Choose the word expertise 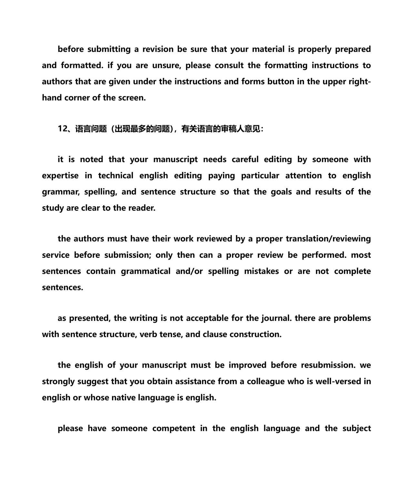(x=60, y=176)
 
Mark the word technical (x=116, y=176)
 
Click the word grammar (x=60, y=192)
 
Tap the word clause (x=215, y=334)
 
